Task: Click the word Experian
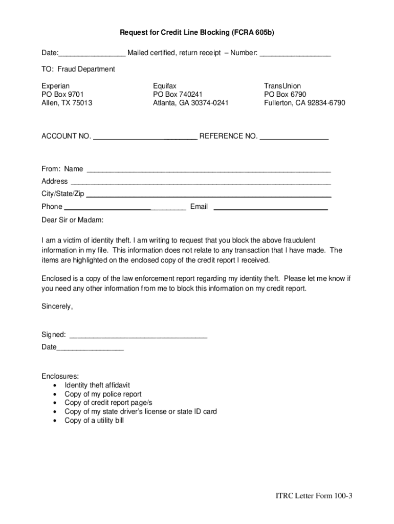tap(55, 86)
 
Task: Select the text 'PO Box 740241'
tap(178, 95)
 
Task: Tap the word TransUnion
tap(282, 86)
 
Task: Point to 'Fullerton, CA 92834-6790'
tap(304, 103)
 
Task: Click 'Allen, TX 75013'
tap(67, 103)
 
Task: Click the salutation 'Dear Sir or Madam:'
tap(72, 220)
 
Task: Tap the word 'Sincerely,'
tap(57, 307)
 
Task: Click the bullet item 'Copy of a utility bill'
tap(94, 421)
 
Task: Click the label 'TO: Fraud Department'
tap(78, 69)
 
